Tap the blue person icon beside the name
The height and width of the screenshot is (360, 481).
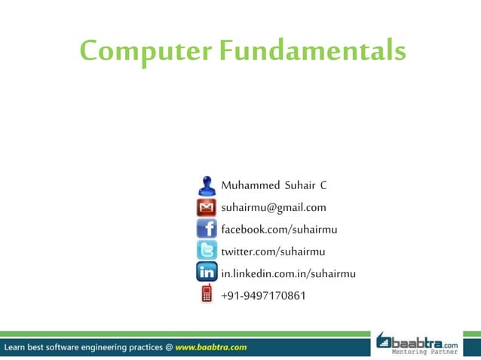207,185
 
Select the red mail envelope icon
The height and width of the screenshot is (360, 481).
207,207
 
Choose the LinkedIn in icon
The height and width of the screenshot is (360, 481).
207,273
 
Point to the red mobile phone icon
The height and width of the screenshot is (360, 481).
207,294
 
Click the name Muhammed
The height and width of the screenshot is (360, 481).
247,185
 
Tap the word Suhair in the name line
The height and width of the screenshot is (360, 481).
296,185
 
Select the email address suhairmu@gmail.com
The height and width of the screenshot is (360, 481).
273,207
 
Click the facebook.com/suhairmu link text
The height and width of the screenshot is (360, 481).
278,229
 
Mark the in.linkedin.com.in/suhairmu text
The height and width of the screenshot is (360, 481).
288,273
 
